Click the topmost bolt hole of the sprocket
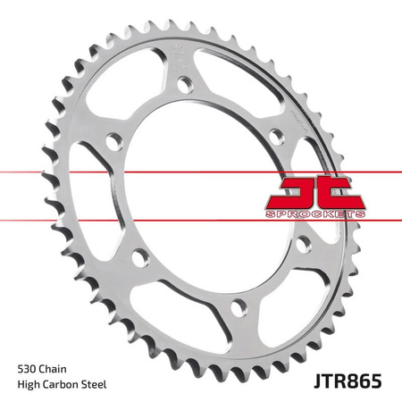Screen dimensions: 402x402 click(183, 85)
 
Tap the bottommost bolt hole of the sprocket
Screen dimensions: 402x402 click(236, 307)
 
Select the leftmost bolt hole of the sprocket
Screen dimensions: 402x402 click(113, 141)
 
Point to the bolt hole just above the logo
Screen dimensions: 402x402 click(276, 136)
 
